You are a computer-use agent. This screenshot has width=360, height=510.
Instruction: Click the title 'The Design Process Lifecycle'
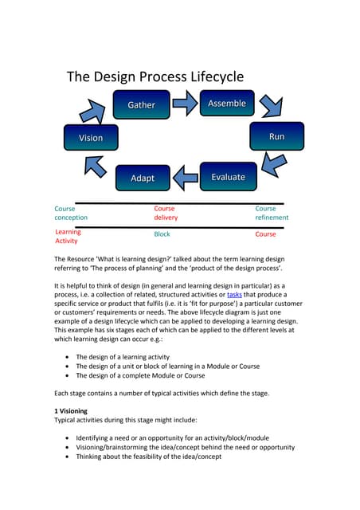(x=155, y=76)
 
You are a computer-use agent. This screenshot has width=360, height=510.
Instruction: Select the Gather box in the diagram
(x=141, y=105)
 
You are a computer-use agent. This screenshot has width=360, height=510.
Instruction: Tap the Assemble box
(x=227, y=104)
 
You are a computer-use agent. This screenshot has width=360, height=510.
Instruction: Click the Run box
(x=276, y=137)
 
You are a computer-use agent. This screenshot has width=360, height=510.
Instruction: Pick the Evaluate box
(x=228, y=177)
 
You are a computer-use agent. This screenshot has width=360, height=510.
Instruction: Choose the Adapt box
(x=143, y=178)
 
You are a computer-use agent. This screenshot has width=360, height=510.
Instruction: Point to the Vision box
(x=91, y=138)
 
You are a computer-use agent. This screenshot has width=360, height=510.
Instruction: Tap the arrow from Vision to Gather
(x=100, y=111)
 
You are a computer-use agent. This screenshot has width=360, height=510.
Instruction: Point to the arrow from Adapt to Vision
(x=96, y=165)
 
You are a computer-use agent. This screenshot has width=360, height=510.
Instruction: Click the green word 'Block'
(x=162, y=234)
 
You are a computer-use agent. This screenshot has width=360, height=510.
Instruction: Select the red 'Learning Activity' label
(x=68, y=236)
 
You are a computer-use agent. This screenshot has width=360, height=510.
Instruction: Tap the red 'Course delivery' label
(x=166, y=213)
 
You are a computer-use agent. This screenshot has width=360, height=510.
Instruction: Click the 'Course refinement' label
(x=272, y=213)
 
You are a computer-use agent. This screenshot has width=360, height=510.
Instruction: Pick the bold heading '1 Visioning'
(x=76, y=410)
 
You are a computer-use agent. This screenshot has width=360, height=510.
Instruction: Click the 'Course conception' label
(x=71, y=213)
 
